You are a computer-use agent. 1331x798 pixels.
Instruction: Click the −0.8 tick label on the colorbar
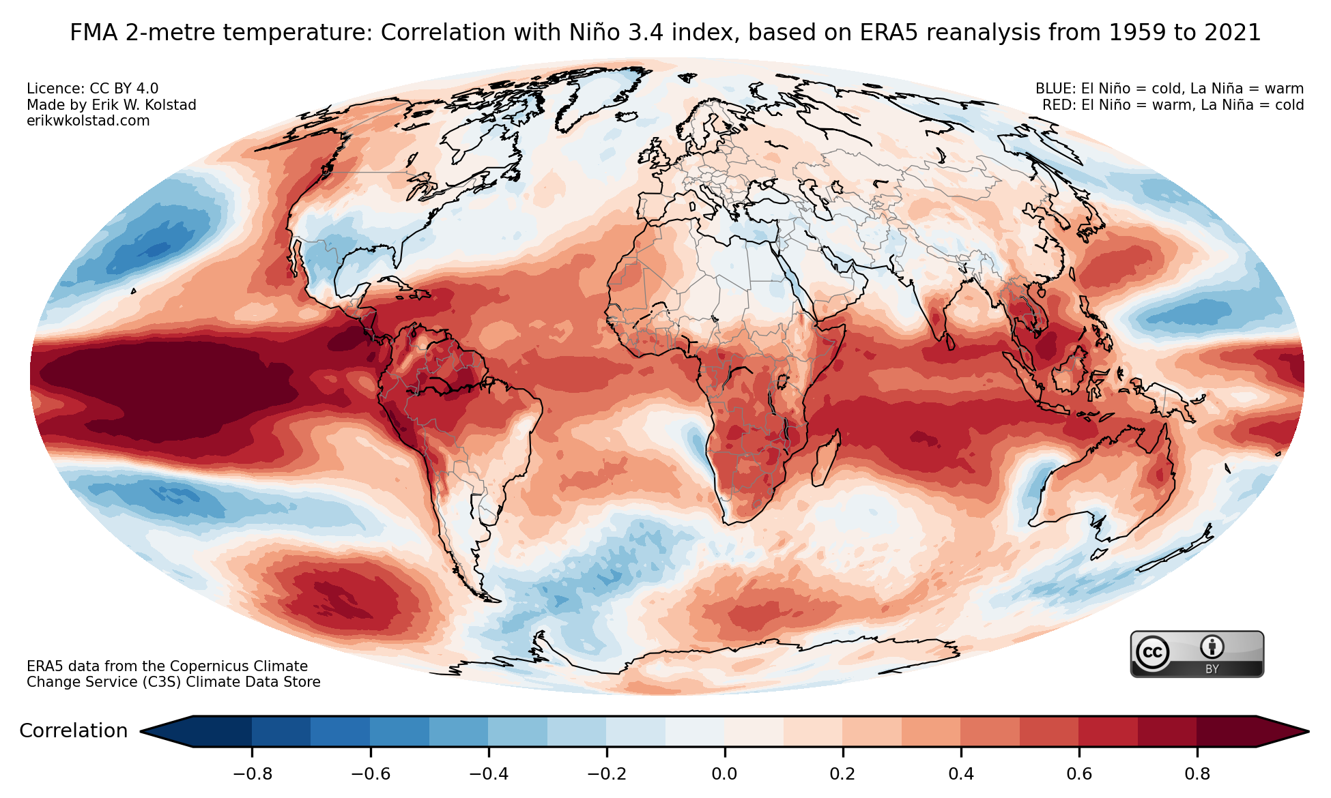[x=252, y=774]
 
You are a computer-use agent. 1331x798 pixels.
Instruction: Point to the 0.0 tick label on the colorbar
[x=724, y=774]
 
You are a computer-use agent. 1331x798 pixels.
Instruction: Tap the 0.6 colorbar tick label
[x=1079, y=774]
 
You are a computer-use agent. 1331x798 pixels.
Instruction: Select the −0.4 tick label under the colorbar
[x=488, y=774]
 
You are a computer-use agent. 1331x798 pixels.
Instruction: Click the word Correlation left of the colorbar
[x=74, y=731]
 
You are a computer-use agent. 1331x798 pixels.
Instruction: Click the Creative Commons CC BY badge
[x=1197, y=654]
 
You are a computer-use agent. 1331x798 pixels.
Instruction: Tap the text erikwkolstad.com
[x=88, y=121]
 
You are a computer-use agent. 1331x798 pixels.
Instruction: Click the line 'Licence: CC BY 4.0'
[x=92, y=89]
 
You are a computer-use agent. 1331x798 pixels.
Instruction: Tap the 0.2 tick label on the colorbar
[x=842, y=774]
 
